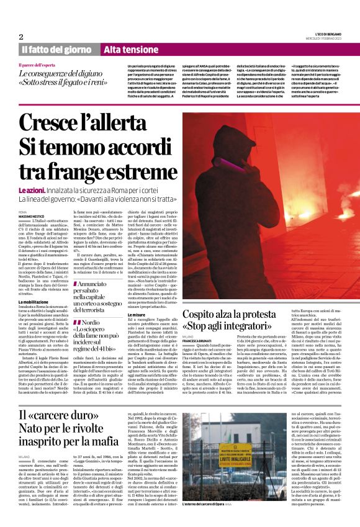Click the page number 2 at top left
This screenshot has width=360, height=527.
21,37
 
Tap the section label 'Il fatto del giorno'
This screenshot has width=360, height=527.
57,50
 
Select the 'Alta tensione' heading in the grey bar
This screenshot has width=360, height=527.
127,50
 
